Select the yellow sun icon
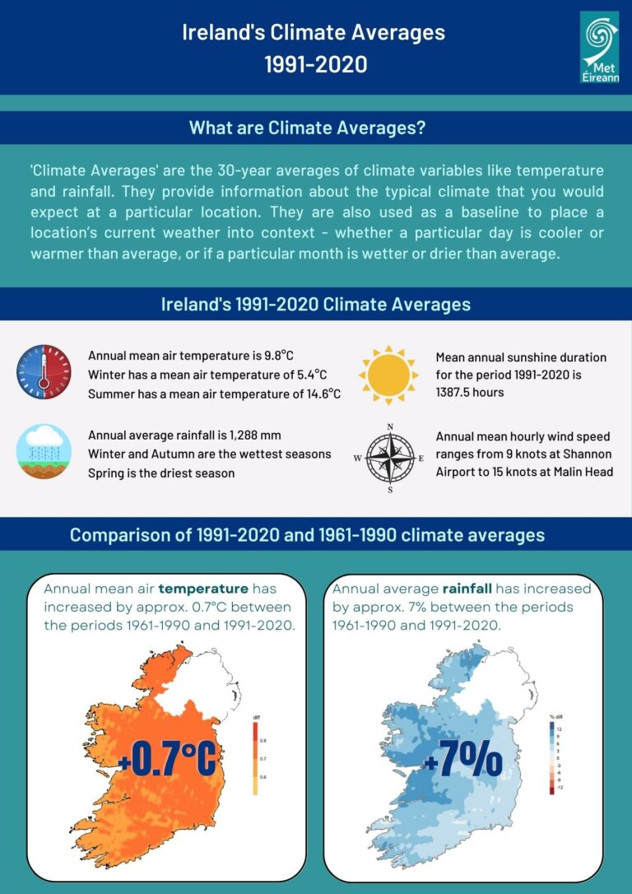(x=388, y=375)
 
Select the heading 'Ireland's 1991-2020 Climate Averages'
(x=316, y=304)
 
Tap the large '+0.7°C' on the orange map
(x=167, y=758)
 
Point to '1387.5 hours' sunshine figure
(x=470, y=393)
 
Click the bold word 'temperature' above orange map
(x=203, y=589)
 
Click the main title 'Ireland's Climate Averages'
(x=314, y=33)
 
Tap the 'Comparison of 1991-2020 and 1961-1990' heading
(x=307, y=534)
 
